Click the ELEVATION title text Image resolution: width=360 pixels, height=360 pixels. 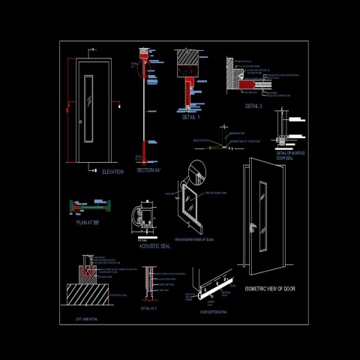click(112, 172)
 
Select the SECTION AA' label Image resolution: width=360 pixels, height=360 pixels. click(148, 170)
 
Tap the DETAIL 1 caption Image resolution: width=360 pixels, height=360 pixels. click(191, 118)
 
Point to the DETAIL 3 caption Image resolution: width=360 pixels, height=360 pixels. click(253, 106)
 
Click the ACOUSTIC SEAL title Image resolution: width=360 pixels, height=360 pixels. click(154, 246)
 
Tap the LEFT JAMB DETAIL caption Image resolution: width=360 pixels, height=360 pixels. click(88, 319)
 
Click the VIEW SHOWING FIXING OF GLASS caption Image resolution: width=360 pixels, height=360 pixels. click(194, 239)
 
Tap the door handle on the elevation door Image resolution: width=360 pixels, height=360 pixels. click(79, 121)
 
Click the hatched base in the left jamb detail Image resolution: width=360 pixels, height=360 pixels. click(89, 295)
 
